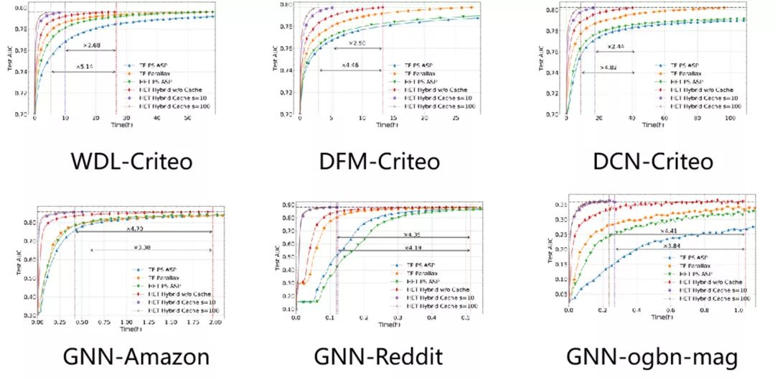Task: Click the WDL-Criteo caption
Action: tap(131, 161)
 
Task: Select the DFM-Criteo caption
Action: tap(380, 161)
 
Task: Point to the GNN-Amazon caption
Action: tap(137, 356)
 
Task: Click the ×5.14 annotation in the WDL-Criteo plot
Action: tap(84, 66)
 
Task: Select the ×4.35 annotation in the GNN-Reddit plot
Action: tap(411, 234)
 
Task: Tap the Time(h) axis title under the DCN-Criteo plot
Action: tap(653, 125)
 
